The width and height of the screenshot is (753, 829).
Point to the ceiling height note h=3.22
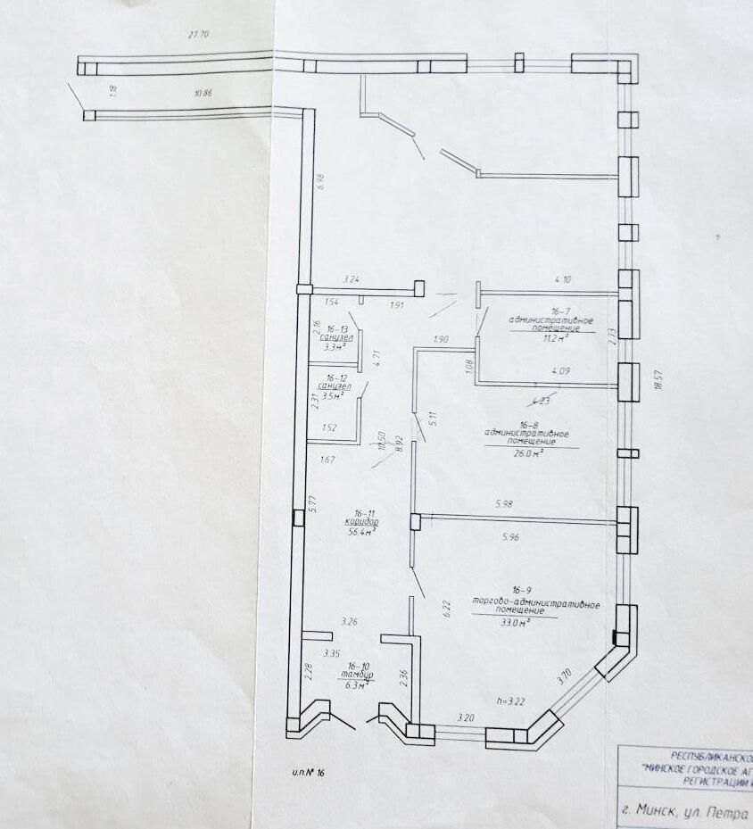tap(510, 701)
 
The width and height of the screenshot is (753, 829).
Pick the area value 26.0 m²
tap(530, 452)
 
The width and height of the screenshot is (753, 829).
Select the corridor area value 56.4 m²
tap(361, 532)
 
